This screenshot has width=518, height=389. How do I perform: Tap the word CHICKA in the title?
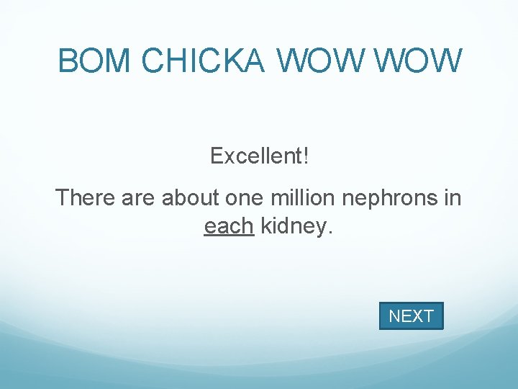(x=204, y=61)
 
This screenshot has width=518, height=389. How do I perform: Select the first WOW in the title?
(x=320, y=61)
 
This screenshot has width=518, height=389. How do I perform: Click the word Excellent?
(x=256, y=155)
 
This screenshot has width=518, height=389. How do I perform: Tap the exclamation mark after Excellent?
(x=306, y=155)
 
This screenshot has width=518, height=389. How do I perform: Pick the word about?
(x=191, y=197)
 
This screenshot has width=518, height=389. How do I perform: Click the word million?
(x=302, y=197)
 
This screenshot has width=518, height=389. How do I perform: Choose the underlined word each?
(x=229, y=226)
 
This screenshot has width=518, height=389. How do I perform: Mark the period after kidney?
(x=330, y=231)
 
